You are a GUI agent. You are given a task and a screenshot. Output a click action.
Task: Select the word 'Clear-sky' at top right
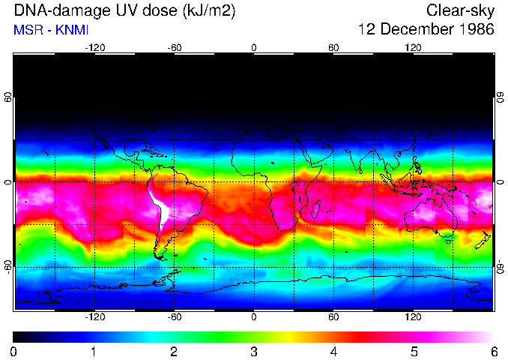click(459, 11)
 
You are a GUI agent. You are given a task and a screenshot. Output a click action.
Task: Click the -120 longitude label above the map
click(94, 47)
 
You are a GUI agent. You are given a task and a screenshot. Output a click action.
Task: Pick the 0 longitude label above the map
click(253, 47)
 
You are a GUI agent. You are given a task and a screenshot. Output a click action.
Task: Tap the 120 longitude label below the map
click(413, 316)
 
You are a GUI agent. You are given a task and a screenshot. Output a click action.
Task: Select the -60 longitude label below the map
click(174, 316)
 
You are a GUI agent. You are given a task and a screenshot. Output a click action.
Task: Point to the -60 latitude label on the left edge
click(8, 266)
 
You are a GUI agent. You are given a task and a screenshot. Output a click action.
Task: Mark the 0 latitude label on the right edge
click(500, 181)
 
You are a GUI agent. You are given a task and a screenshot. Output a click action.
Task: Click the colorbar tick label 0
click(13, 351)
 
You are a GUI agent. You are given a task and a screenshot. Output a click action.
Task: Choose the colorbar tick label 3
click(253, 351)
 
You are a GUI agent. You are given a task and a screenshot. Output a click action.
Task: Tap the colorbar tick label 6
click(493, 351)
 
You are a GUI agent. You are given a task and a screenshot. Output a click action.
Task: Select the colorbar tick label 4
click(333, 351)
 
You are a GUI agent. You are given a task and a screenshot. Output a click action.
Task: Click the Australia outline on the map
click(431, 218)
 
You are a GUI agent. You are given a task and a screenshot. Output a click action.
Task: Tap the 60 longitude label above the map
click(333, 47)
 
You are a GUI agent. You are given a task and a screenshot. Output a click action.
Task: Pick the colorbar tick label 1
click(94, 351)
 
